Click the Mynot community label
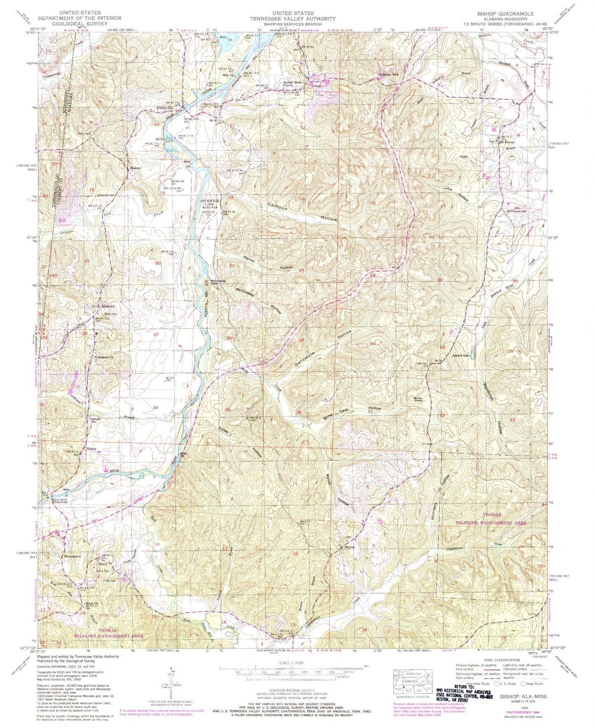click(x=349, y=548)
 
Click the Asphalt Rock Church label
click(x=292, y=84)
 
